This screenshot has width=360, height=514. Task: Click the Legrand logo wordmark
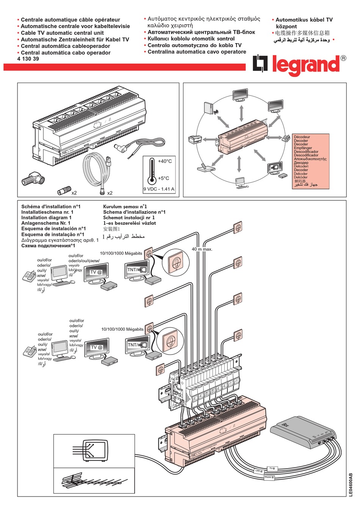pyautogui.click(x=305, y=65)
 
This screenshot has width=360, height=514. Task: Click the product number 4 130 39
pyautogui.click(x=28, y=59)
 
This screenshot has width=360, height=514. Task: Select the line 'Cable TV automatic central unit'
pyautogui.click(x=62, y=33)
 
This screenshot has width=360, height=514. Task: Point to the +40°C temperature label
pyautogui.click(x=165, y=161)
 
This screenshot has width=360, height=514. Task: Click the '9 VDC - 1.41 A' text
pyautogui.click(x=159, y=189)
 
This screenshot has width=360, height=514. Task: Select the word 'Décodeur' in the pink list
pyautogui.click(x=302, y=137)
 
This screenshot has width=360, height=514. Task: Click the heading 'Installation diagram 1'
pyautogui.click(x=46, y=218)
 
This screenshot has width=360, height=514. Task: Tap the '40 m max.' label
pyautogui.click(x=202, y=249)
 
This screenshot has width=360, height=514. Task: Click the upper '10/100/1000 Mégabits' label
pyautogui.click(x=121, y=253)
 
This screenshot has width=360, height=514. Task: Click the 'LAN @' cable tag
pyautogui.click(x=258, y=471)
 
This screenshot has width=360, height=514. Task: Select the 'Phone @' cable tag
pyautogui.click(x=269, y=478)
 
